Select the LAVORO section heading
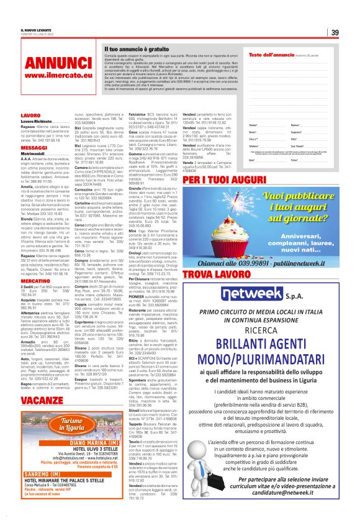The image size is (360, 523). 31,116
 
